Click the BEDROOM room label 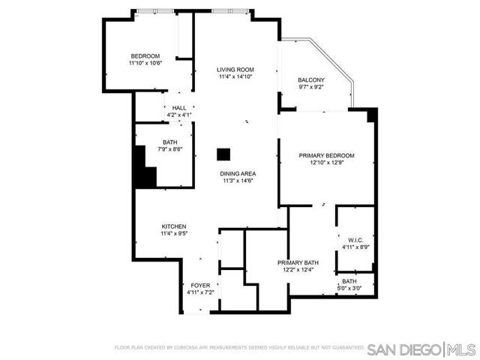[145, 56]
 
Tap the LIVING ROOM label [231, 70]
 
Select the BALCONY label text [311, 80]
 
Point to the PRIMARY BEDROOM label [326, 155]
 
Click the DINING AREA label [238, 174]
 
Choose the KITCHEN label [173, 226]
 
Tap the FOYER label [200, 286]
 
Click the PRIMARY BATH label [298, 262]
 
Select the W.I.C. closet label [355, 240]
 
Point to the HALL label [179, 109]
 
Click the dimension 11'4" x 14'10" [231, 76]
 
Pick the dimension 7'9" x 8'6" [170, 149]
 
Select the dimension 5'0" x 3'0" [349, 288]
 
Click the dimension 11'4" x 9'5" [173, 233]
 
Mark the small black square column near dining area [223, 154]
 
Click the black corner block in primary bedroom [371, 115]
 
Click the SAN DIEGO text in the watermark [406, 349]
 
